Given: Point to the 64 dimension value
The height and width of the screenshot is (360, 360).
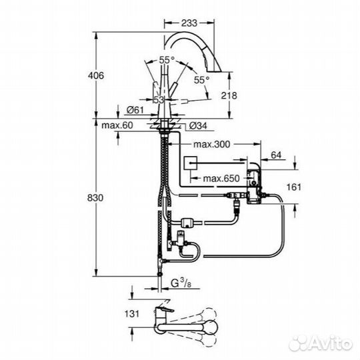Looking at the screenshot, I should (277, 156).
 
